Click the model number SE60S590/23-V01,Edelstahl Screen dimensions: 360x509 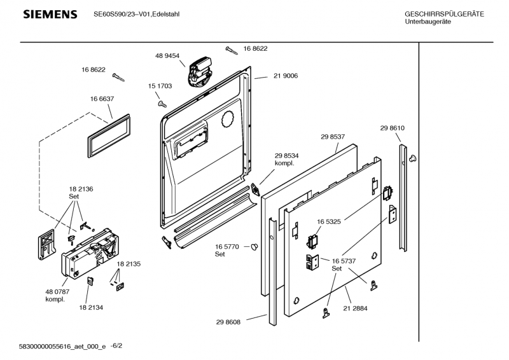tap(136, 14)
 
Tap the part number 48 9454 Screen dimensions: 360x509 tap(167, 56)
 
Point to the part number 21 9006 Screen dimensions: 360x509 tap(286, 76)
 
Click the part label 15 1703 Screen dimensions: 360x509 tap(160, 85)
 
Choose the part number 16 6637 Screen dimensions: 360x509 tap(102, 99)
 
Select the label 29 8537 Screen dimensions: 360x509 tap(333, 136)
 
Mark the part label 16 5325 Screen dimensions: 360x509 tap(330, 222)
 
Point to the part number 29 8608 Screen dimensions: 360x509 tap(228, 322)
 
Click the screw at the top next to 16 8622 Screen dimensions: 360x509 tap(233, 48)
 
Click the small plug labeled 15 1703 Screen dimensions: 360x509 tap(162, 100)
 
